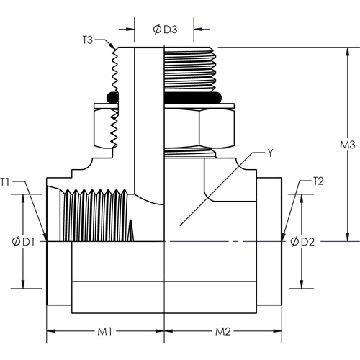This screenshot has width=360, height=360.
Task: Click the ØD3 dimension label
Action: pos(165,30)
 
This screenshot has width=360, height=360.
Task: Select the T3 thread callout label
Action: pos(88,40)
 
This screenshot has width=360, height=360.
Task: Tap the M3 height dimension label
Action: pos(347,145)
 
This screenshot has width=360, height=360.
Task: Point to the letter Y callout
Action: pos(271,153)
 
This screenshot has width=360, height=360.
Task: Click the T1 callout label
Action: pos(5,181)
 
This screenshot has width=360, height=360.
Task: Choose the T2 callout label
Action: pos(319,181)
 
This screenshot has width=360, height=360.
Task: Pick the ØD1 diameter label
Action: pos(23,242)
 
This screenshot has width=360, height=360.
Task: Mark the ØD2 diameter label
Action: pos(302,242)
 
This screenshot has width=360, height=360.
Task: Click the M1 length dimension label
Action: pos(104,332)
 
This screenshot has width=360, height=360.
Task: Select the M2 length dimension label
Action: pos(223,332)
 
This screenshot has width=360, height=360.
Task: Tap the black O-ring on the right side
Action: pos(193,98)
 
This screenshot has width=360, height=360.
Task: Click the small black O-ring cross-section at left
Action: pos(112,98)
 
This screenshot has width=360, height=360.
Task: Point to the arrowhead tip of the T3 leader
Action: pos(114,49)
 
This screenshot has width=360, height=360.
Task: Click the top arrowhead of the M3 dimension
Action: pos(347,48)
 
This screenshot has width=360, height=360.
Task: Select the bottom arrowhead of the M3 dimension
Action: pos(347,241)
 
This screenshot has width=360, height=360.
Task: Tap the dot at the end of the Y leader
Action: pos(180,225)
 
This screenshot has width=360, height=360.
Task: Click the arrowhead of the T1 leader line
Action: pos(45,240)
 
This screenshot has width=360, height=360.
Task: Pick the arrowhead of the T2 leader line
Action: pos(282,240)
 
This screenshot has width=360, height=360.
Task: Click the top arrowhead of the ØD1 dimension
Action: pos(23,194)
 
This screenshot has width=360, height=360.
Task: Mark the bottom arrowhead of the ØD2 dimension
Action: pos(302,288)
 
